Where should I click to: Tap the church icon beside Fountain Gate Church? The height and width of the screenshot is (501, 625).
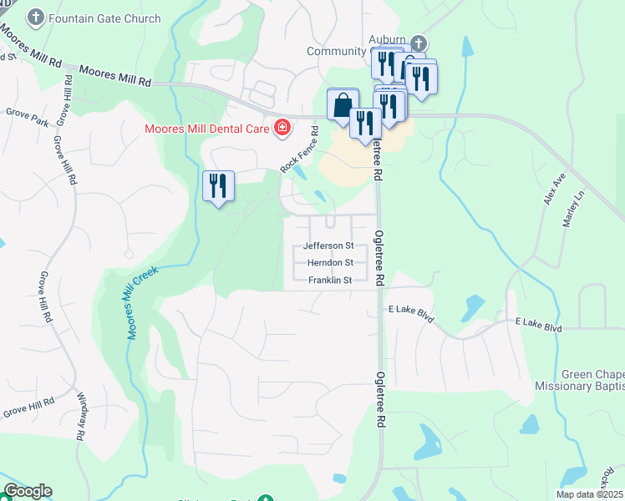pyautogui.click(x=36, y=17)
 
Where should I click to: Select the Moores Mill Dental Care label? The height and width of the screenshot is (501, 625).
pyautogui.click(x=206, y=129)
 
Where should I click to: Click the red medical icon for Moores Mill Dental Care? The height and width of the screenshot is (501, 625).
pyautogui.click(x=282, y=128)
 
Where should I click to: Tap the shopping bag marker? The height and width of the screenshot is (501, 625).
pyautogui.click(x=343, y=106)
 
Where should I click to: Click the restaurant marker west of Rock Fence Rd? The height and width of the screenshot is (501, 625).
pyautogui.click(x=219, y=186)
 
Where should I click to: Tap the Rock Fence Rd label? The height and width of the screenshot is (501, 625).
pyautogui.click(x=300, y=150)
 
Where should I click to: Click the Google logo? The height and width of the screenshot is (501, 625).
pyautogui.click(x=28, y=491)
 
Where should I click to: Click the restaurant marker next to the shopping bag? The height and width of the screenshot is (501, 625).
pyautogui.click(x=365, y=124)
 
